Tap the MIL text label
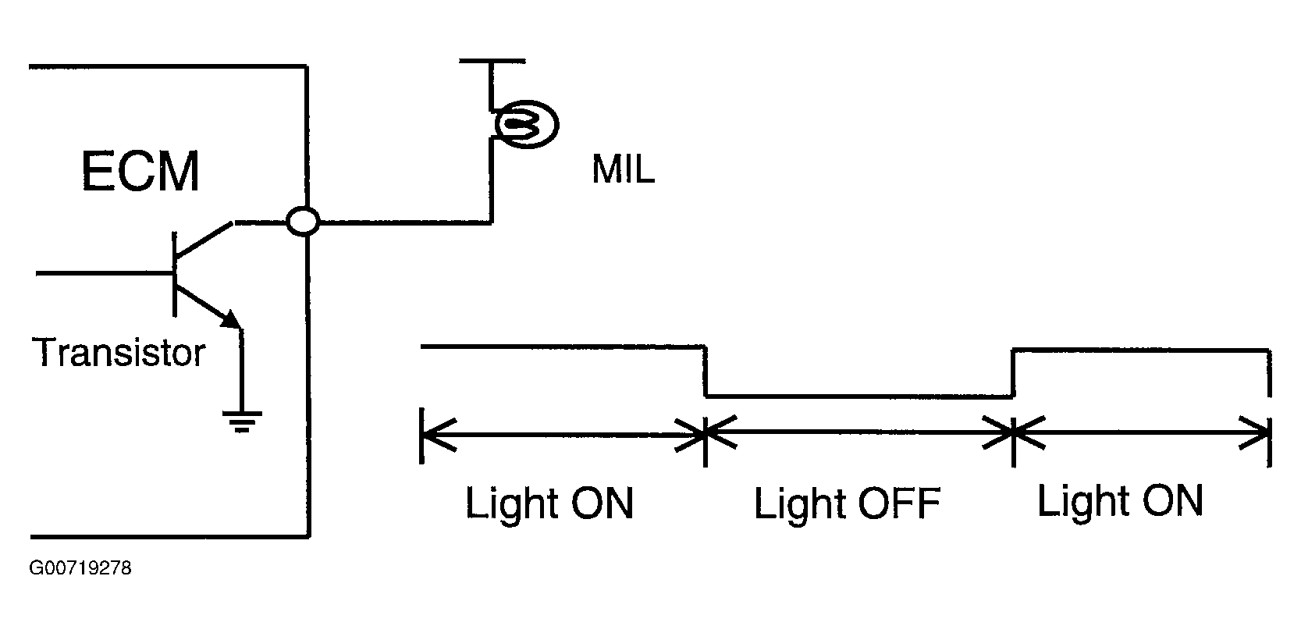[x=623, y=170]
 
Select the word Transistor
[x=119, y=353]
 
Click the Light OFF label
[x=847, y=503]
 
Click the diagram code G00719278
[x=80, y=568]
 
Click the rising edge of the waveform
[x=1013, y=372]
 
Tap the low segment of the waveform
[x=858, y=396]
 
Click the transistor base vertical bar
[x=174, y=273]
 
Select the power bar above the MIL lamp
[x=492, y=59]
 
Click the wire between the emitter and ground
[x=241, y=371]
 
